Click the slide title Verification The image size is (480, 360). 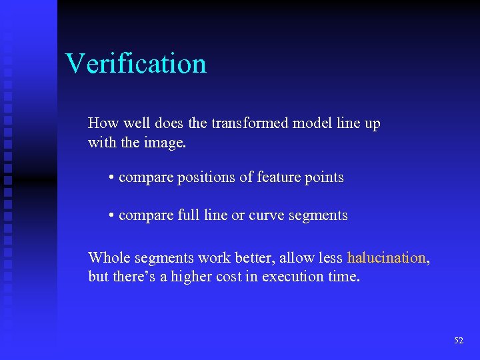136,63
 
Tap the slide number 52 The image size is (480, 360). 459,341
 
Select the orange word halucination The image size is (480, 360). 386,258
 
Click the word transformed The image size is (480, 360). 249,123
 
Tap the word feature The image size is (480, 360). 280,177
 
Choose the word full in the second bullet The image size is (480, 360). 189,215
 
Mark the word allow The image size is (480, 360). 293,257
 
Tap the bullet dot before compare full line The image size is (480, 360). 111,216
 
